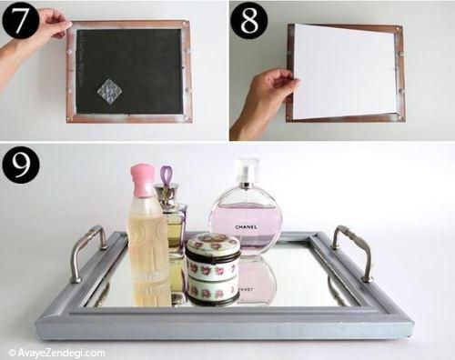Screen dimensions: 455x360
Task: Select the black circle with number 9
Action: click(21, 165)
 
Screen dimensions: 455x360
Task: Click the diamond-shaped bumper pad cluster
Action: click(109, 92)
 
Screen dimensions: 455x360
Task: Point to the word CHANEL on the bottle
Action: click(246, 226)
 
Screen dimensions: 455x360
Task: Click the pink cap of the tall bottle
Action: click(143, 179)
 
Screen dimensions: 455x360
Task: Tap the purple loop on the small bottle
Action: click(166, 175)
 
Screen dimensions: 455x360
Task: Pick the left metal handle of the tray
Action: click(87, 253)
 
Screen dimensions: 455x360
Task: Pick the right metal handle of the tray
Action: click(353, 253)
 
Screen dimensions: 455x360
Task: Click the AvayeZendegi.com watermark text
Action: click(62, 353)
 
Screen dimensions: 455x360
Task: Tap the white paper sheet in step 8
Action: click(344, 72)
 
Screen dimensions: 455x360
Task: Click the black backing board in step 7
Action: click(129, 72)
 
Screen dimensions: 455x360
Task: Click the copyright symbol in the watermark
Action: click(12, 353)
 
